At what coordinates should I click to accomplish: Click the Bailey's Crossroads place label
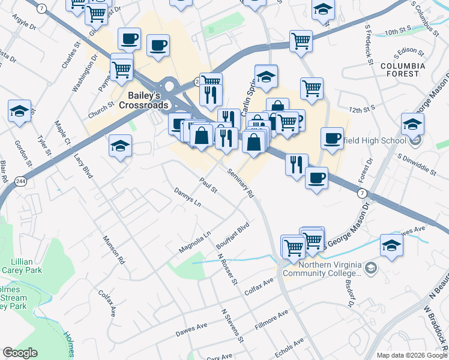tap(146, 100)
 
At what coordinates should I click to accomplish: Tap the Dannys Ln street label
tap(187, 197)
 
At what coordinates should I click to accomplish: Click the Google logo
tap(20, 353)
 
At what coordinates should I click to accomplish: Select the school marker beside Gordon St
tap(19, 111)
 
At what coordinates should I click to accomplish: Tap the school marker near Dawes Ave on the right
tap(391, 245)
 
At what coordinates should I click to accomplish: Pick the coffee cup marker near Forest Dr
tap(331, 138)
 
